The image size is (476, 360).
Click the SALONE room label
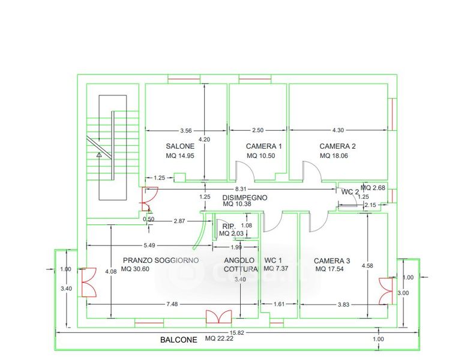(179, 146)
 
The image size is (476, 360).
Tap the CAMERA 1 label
(264, 146)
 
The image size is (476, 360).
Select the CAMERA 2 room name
(337, 146)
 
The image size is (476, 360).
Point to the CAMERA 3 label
(332, 261)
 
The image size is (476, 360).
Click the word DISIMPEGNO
(244, 197)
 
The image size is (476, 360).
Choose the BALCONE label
(178, 340)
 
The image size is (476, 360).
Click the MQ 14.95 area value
(179, 156)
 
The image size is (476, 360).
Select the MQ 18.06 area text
(334, 156)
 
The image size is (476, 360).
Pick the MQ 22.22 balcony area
(220, 339)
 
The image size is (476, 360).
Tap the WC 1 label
(273, 260)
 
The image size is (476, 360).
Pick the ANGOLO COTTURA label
(240, 265)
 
